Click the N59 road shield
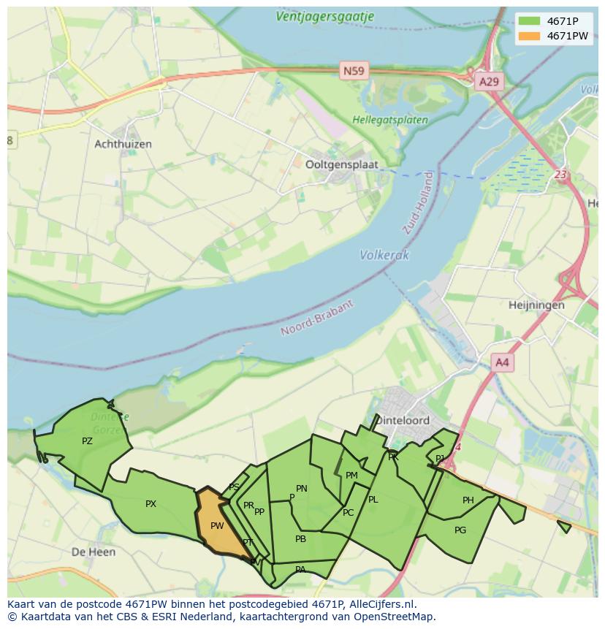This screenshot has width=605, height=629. pyautogui.click(x=354, y=71)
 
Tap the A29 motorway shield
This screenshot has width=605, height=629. pyautogui.click(x=488, y=81)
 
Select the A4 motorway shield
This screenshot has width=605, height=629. pyautogui.click(x=502, y=362)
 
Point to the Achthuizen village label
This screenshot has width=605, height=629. pyautogui.click(x=123, y=144)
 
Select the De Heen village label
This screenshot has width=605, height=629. pyautogui.click(x=94, y=552)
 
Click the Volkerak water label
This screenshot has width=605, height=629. pyautogui.click(x=384, y=255)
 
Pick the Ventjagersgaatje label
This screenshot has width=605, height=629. pyautogui.click(x=325, y=16)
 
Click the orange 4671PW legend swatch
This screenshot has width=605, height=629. pyautogui.click(x=530, y=36)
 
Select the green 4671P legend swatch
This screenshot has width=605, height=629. pyautogui.click(x=530, y=21)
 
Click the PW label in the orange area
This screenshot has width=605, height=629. pyautogui.click(x=217, y=525)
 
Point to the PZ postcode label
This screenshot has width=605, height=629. pyautogui.click(x=87, y=441)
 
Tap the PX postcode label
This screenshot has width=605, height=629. pyautogui.click(x=151, y=503)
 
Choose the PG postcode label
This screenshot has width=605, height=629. pyautogui.click(x=460, y=530)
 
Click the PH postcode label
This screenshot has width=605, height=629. pyautogui.click(x=468, y=500)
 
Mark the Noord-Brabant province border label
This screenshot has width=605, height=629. pyautogui.click(x=318, y=318)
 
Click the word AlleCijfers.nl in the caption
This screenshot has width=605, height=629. pyautogui.click(x=382, y=604)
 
